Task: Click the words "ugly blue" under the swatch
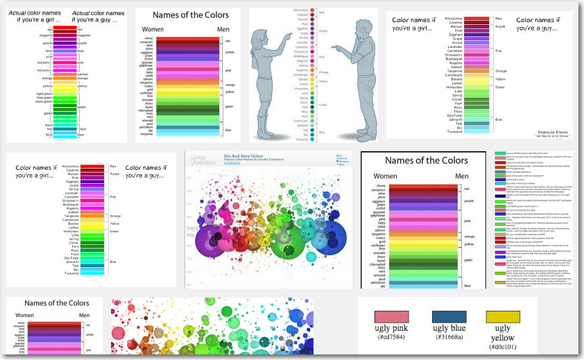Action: (x=449, y=328)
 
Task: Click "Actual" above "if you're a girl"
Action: (x=30, y=12)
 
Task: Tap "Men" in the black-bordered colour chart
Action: (x=462, y=176)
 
